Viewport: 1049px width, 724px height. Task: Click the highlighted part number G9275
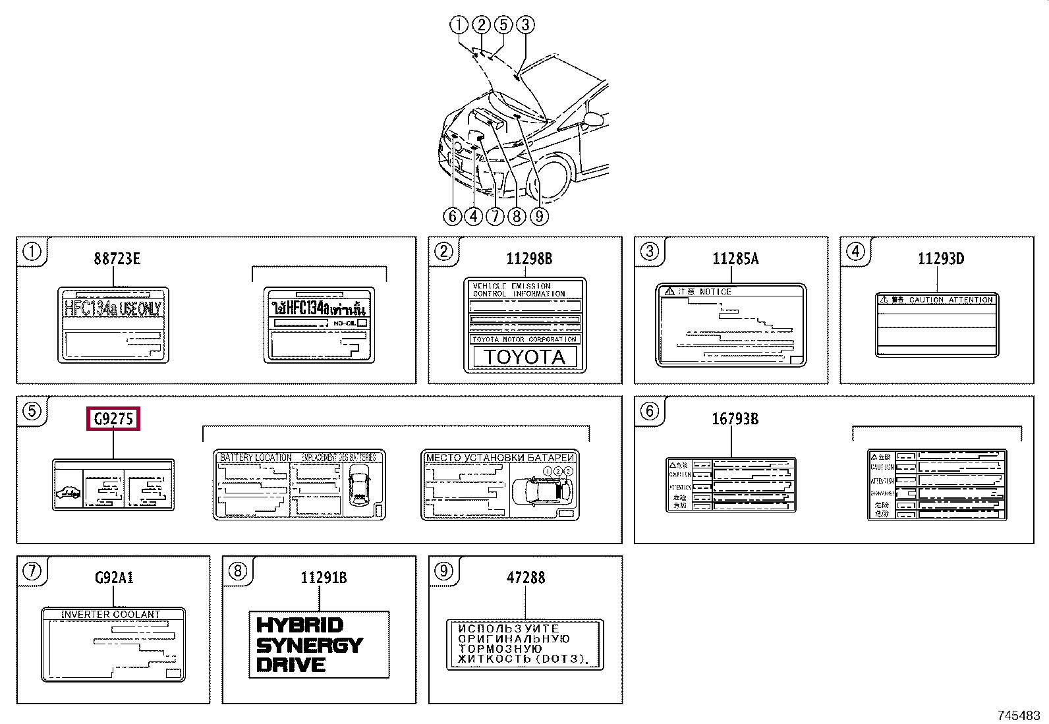113,419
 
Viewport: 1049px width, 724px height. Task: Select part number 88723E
117,259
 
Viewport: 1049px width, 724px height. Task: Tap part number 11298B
528,259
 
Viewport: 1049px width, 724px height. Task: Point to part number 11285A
735,259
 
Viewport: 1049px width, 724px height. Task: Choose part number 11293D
940,259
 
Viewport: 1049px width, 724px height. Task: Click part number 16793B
735,419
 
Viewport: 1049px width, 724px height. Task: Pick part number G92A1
114,578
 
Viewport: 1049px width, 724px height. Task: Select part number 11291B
323,578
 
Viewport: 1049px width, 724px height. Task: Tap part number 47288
525,578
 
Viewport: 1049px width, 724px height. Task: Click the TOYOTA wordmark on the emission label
524,357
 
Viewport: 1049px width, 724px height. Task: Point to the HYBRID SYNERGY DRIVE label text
308,645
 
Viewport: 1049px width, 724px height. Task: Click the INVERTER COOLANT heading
111,614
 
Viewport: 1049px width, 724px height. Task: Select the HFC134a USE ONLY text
113,308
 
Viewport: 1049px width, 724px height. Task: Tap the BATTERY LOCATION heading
255,457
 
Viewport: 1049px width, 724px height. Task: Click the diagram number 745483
1018,715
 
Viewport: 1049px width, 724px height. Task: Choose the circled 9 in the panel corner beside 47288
443,571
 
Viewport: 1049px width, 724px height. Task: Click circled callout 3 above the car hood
525,25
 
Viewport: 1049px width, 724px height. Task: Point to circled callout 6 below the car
452,216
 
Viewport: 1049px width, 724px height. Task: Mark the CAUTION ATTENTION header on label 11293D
950,300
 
